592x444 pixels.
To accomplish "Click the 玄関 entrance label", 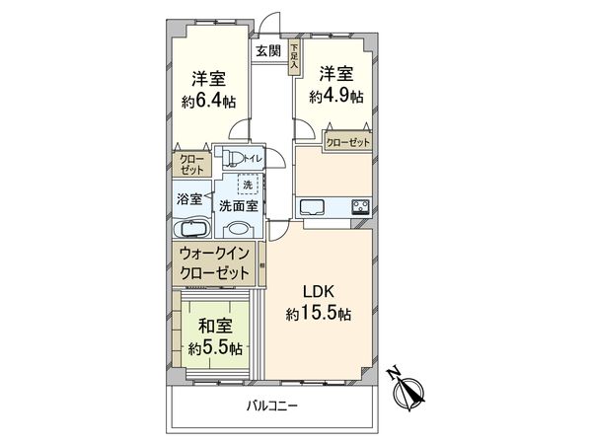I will (267, 51).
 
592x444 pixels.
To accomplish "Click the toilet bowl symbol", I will (234, 157).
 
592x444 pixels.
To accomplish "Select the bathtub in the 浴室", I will (192, 228).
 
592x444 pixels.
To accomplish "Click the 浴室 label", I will (189, 198).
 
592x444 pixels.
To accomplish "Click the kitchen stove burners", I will (360, 206).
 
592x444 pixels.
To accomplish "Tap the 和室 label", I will (214, 327).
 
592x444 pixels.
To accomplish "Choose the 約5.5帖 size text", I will (214, 347).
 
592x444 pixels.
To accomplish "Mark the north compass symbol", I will (407, 388).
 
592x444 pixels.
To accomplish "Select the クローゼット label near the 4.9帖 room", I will (347, 141).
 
